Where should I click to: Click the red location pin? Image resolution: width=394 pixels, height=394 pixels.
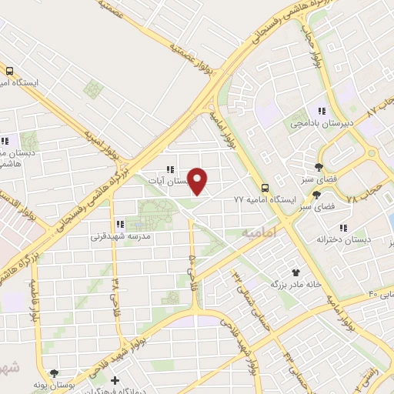point(199,180)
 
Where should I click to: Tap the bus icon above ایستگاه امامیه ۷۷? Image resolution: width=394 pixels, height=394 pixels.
point(265,187)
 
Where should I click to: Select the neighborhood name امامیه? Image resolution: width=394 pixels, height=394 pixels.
point(258,232)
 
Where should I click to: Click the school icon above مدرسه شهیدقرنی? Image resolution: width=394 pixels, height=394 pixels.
point(119,224)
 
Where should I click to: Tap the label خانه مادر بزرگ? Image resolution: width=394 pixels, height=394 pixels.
point(294,284)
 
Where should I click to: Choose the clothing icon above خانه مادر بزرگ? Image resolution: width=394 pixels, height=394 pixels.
point(295,272)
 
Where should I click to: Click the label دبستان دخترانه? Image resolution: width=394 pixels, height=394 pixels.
point(343,239)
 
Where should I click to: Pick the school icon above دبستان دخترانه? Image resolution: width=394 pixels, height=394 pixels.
point(343,228)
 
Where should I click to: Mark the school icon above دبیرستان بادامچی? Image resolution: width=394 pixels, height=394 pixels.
point(321,111)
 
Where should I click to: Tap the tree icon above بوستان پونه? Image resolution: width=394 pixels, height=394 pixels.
point(52,372)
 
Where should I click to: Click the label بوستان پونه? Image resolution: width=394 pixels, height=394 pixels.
point(52,383)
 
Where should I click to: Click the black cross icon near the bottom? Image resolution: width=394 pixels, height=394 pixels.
point(115,380)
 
